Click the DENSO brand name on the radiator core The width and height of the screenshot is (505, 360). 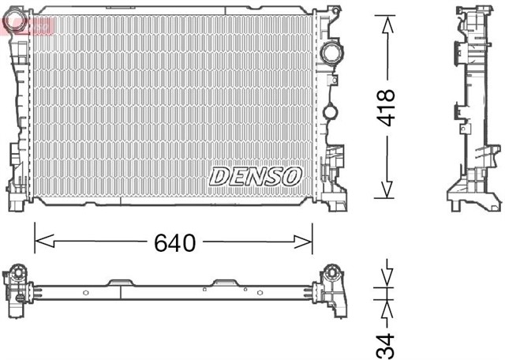255,175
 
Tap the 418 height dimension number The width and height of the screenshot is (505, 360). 386,108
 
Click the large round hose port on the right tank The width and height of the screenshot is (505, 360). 331,54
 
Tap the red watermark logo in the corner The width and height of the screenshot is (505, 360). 28,27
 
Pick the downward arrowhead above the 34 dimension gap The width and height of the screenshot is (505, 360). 386,277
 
